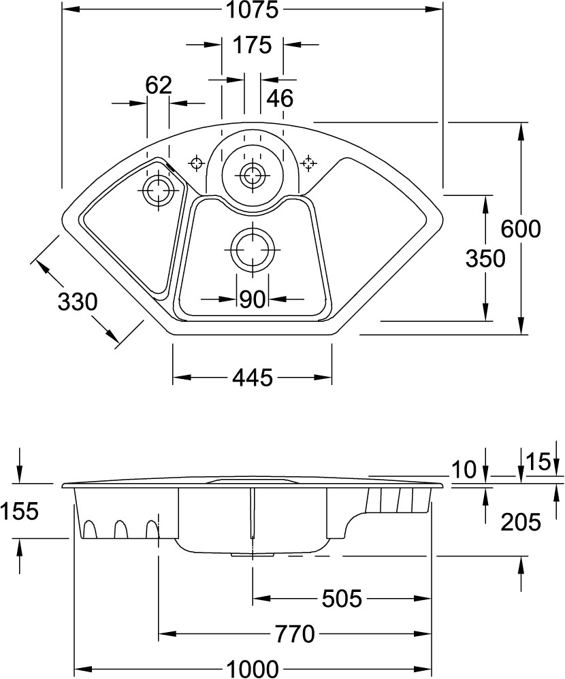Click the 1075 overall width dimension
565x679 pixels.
[252, 10]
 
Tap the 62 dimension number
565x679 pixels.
[158, 85]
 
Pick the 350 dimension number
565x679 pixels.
[485, 259]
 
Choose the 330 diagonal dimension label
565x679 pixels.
[78, 301]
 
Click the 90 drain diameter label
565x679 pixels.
[252, 299]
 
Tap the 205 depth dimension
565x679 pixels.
[521, 522]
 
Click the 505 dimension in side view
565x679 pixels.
[341, 599]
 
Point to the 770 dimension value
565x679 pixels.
[295, 634]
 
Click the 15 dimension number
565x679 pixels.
[538, 462]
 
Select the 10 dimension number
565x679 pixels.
[464, 469]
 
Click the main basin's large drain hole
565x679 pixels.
[253, 249]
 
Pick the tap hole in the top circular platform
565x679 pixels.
[253, 174]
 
